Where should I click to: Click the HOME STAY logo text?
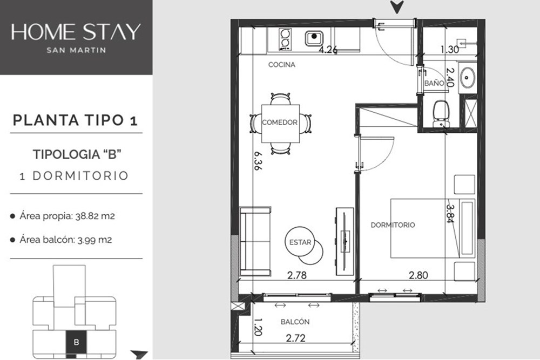pos(76,32)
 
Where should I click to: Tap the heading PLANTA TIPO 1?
pos(76,120)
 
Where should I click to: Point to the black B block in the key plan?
pos(76,342)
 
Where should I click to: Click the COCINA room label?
pos(282,64)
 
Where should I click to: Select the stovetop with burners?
pos(285,38)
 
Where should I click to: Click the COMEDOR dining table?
pos(280,123)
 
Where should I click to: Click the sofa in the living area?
pos(255,241)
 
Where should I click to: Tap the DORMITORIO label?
pos(393,225)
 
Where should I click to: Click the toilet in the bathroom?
pos(441,113)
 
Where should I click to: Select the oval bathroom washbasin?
pos(467,77)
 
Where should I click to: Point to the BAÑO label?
pos(434,83)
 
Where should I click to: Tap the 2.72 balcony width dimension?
pos(296,338)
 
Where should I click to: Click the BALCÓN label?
pos(295,322)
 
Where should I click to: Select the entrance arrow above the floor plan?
pos(397,7)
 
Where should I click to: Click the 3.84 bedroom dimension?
pos(450,214)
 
